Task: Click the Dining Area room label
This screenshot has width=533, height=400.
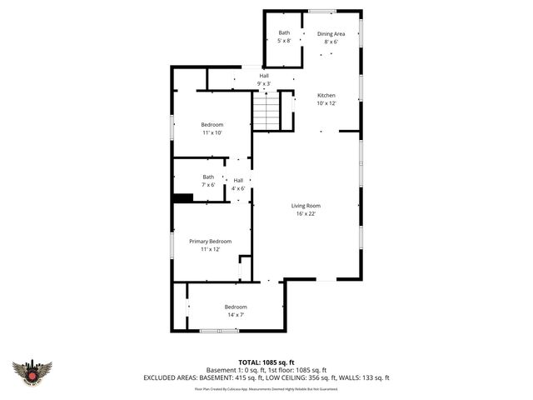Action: click(x=331, y=33)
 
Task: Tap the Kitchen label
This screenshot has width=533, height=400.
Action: click(x=326, y=95)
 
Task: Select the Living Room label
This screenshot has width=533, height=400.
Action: click(x=306, y=205)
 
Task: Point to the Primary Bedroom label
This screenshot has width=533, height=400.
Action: click(x=210, y=241)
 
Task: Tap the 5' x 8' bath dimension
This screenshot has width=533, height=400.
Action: click(x=284, y=41)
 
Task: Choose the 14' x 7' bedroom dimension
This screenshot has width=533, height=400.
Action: click(x=236, y=315)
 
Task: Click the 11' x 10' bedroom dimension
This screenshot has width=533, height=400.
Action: click(x=212, y=132)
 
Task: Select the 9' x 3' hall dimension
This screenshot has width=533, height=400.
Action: click(x=263, y=83)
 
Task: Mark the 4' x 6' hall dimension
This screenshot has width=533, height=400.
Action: click(x=238, y=188)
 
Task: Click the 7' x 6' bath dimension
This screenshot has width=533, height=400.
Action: click(x=208, y=184)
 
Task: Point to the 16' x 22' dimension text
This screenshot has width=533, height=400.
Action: click(x=306, y=213)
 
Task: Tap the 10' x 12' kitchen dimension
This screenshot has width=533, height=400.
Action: click(x=326, y=103)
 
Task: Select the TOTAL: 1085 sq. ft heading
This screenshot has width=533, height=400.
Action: click(x=266, y=362)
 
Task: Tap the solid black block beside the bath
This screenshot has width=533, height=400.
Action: click(x=182, y=197)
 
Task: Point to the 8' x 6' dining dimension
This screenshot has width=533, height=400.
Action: click(x=331, y=42)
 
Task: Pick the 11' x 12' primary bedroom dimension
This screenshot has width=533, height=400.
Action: click(x=210, y=249)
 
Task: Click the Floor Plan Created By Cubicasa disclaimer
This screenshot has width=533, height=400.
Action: click(x=266, y=388)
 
